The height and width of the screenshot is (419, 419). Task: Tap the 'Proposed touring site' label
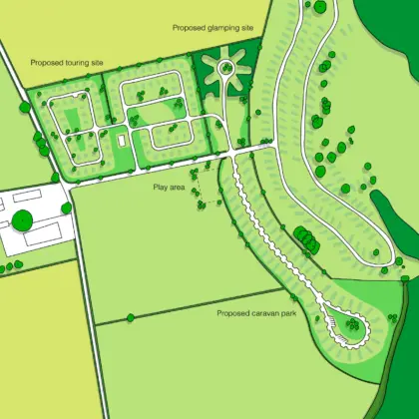(x=66, y=63)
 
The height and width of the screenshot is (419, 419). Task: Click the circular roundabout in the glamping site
(x=225, y=69)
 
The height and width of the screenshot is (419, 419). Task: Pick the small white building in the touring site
(x=121, y=142)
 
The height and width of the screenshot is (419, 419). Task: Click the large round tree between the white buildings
(x=23, y=217)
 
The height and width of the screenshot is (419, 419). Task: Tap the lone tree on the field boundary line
(x=130, y=318)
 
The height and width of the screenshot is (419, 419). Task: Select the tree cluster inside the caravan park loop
(x=353, y=323)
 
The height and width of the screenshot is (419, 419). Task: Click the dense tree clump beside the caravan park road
(x=304, y=239)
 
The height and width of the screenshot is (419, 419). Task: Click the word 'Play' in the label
(x=160, y=188)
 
